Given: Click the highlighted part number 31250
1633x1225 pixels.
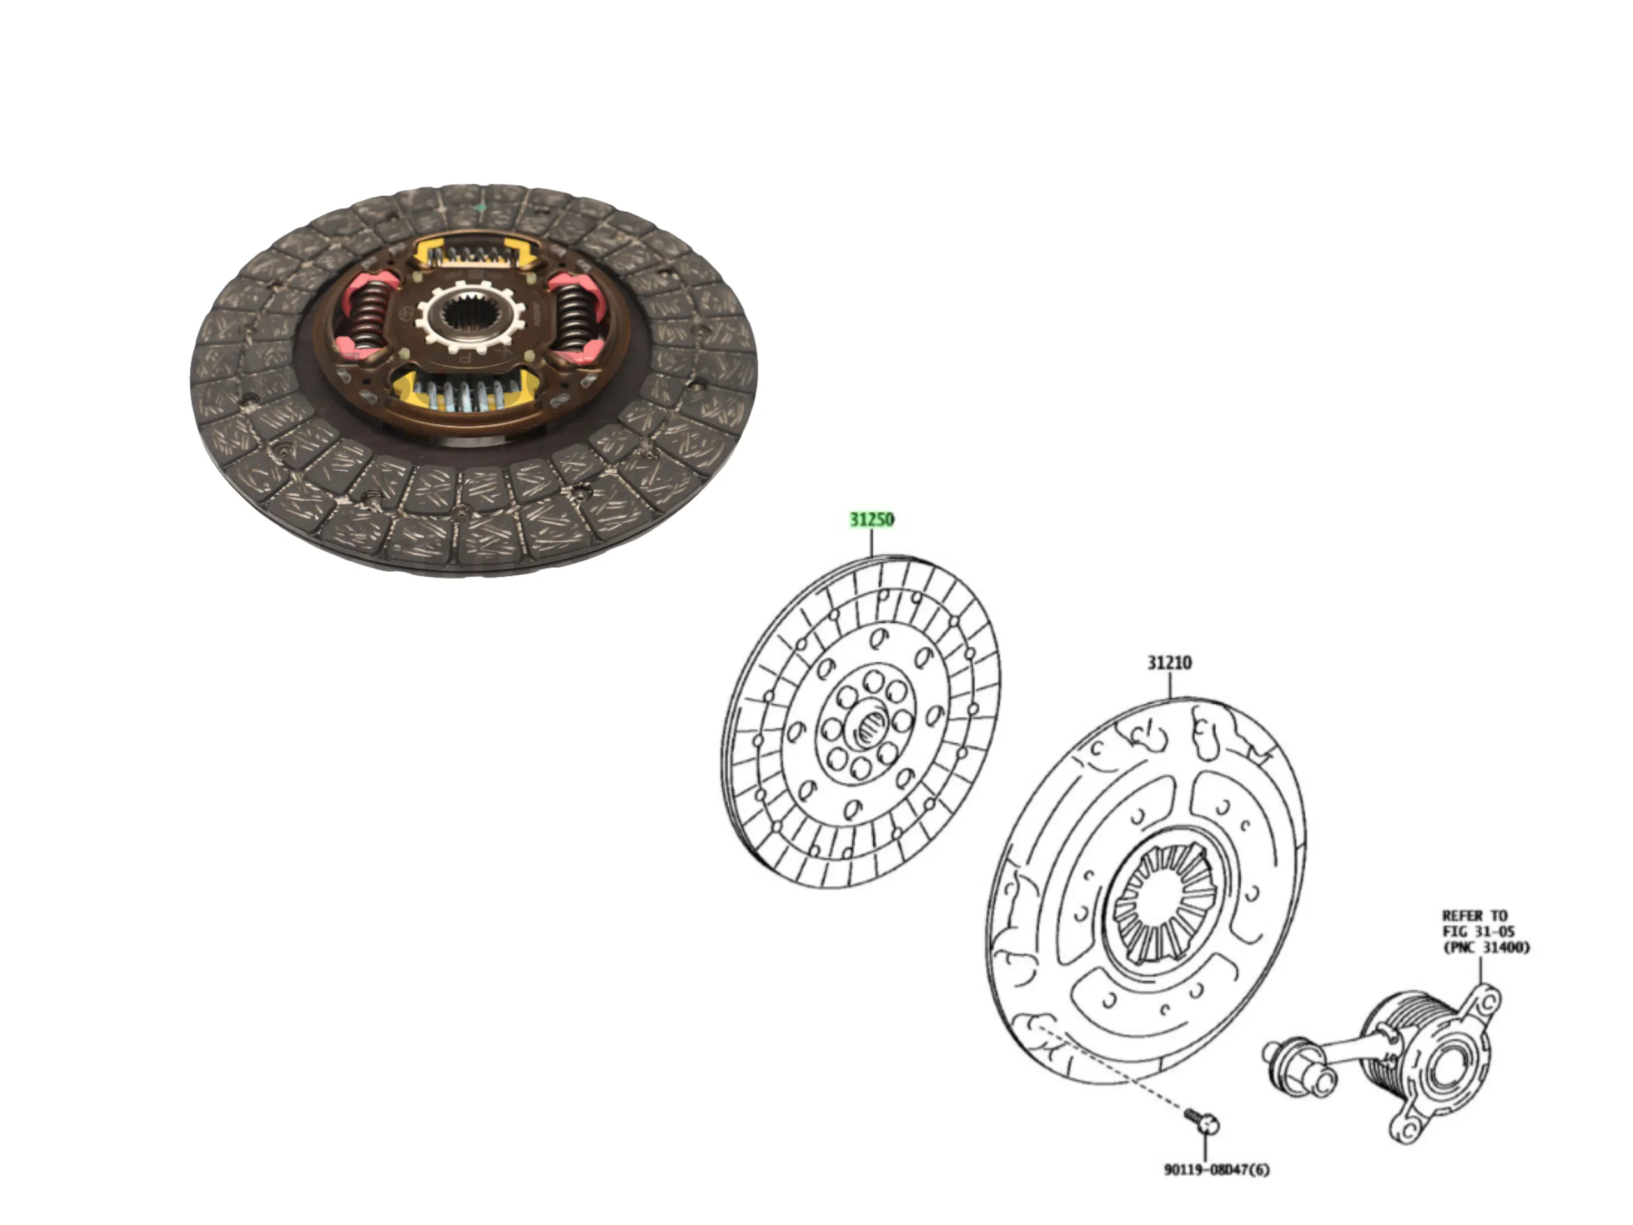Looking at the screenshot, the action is click(x=872, y=520).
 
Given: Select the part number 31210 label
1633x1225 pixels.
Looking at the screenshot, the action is click(x=1169, y=663).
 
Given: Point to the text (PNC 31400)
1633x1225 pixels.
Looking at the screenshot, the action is click(x=1487, y=947).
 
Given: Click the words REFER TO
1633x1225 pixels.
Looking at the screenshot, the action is click(x=1475, y=916).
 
